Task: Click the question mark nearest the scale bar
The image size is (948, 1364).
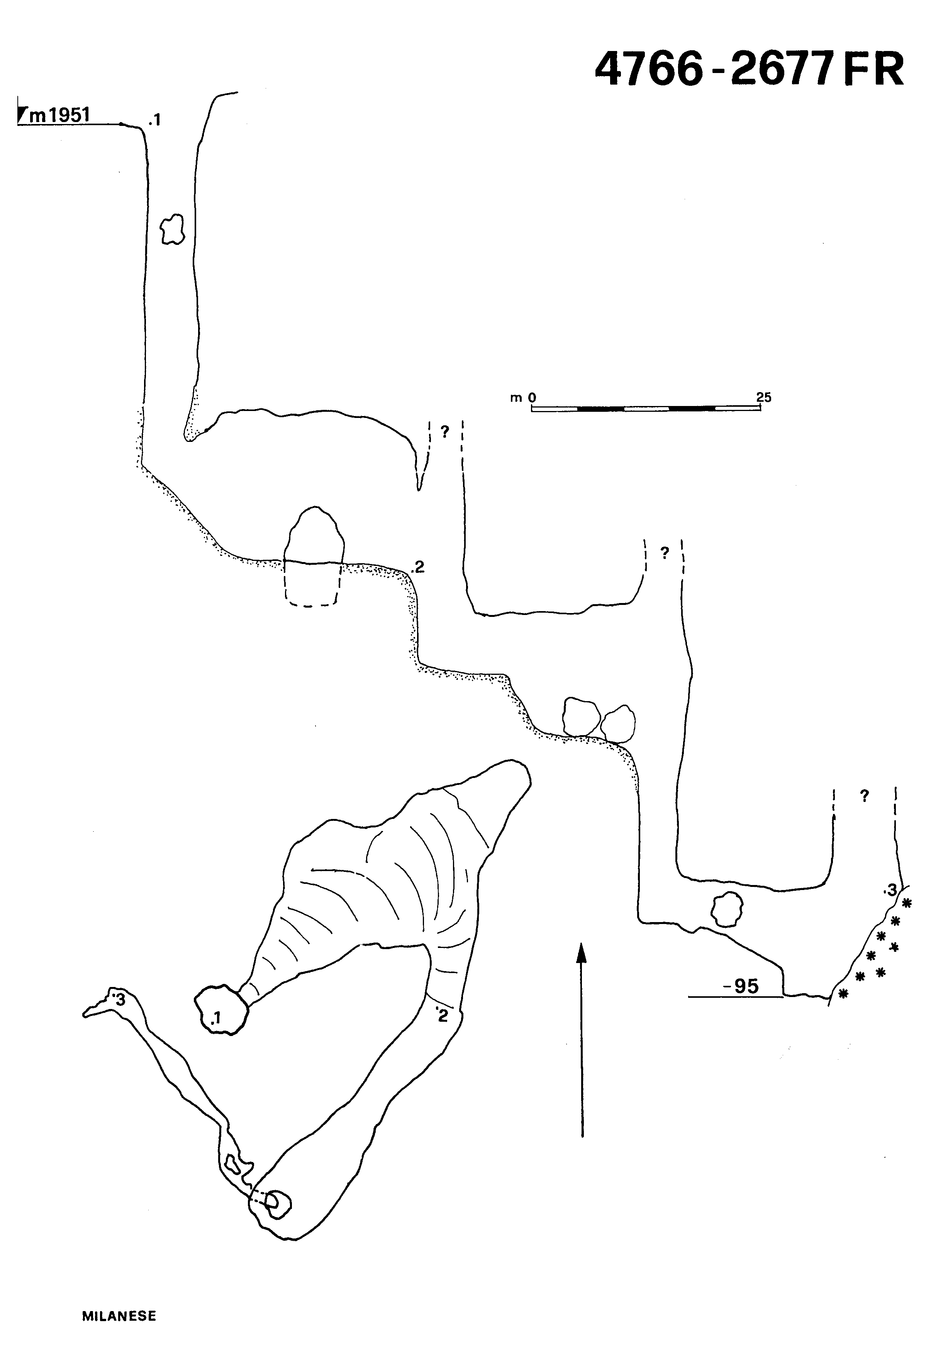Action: pos(444,432)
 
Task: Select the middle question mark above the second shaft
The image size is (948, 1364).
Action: pos(665,553)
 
